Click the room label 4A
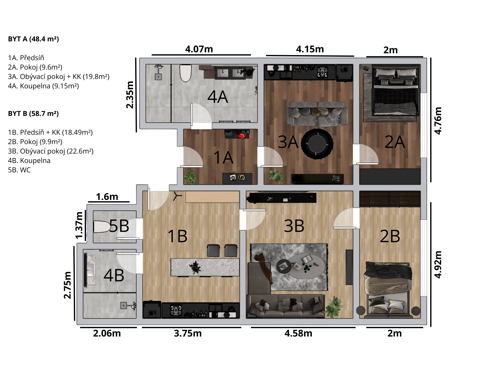tap(217, 97)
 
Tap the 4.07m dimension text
tap(199, 49)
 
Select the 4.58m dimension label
tap(298, 333)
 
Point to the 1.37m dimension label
tap(79, 225)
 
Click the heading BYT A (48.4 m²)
tap(33, 39)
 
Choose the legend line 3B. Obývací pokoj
tap(51, 151)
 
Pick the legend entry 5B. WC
tap(19, 170)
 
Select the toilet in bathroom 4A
tap(185, 73)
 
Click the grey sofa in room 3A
tap(317, 113)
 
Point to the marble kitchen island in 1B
tap(205, 267)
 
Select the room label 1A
tap(223, 158)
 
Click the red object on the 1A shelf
tap(243, 136)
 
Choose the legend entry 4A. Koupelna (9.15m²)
tap(43, 86)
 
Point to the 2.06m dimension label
tap(107, 333)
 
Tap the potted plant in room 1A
tap(190, 177)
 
